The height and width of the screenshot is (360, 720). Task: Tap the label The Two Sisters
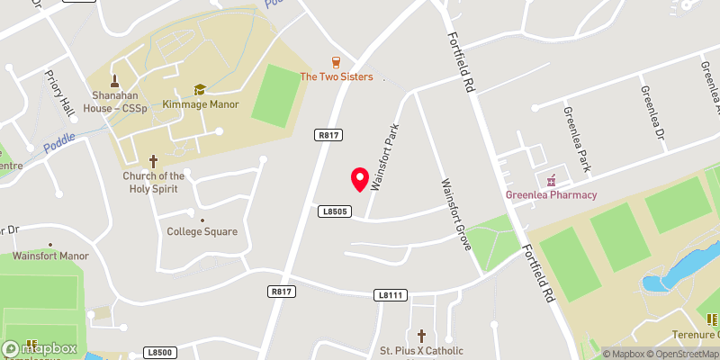point(336,77)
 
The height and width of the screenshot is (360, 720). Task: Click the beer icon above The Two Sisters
point(336,62)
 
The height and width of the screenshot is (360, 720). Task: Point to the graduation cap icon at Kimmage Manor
point(200,89)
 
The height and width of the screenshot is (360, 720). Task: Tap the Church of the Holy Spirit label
point(154,182)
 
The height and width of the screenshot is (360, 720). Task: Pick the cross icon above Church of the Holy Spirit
point(154,162)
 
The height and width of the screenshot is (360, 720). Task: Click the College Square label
point(202,231)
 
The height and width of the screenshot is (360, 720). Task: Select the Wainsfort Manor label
point(51,256)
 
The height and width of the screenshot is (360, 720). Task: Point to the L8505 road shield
point(332,210)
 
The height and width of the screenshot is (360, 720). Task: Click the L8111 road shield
point(389,294)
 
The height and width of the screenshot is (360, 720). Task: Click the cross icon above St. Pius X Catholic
point(421,335)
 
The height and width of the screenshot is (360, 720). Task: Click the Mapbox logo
point(40,348)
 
